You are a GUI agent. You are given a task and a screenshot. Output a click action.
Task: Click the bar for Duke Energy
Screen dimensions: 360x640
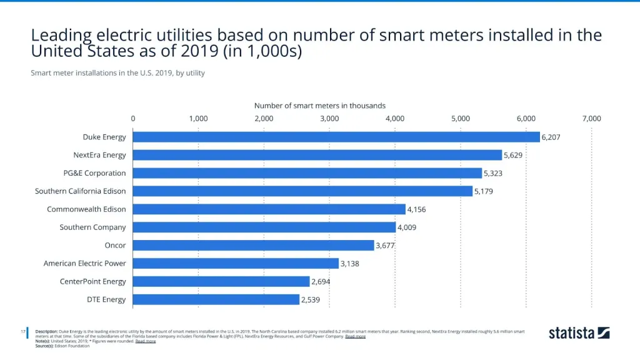click(336, 137)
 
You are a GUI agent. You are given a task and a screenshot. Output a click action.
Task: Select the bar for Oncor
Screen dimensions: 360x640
click(254, 246)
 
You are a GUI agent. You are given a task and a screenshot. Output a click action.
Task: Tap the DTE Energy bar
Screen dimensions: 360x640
click(216, 299)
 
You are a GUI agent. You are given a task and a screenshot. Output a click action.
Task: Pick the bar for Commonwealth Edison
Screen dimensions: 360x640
click(269, 209)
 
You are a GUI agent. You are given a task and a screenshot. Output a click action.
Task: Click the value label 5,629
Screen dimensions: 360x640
click(516, 155)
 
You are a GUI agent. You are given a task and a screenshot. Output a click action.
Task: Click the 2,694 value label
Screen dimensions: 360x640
click(321, 282)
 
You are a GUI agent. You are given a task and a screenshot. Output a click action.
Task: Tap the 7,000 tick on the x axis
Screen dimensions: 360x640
click(591, 118)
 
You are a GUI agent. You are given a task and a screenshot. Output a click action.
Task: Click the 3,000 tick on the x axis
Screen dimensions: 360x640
click(329, 118)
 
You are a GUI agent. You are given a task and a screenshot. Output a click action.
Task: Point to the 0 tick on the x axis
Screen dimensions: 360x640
click(133, 118)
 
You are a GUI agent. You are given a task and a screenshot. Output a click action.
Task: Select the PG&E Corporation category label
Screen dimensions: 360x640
click(99, 173)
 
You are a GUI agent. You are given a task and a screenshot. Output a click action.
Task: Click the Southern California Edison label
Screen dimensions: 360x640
click(81, 191)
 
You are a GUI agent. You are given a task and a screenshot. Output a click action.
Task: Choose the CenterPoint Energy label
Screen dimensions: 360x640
click(93, 282)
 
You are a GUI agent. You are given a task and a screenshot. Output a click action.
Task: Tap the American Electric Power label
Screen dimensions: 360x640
click(85, 264)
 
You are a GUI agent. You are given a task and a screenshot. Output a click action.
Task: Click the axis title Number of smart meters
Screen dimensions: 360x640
click(319, 106)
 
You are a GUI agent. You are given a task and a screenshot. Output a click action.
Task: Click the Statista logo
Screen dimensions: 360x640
click(579, 333)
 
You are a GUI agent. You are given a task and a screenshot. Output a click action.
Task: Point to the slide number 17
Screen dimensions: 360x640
click(22, 331)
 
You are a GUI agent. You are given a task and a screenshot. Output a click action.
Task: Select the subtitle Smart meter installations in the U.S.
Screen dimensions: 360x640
click(117, 73)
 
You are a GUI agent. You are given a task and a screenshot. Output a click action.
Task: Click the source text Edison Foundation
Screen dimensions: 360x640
click(72, 346)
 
